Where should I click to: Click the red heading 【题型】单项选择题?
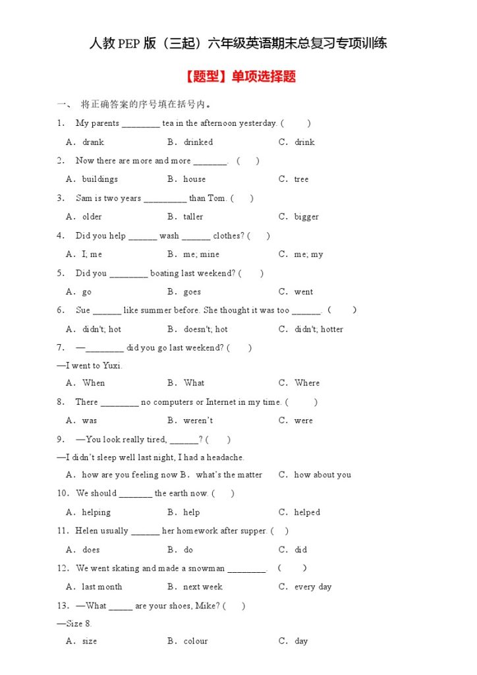238,76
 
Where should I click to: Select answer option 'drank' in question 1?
93,142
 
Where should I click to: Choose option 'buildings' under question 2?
99,179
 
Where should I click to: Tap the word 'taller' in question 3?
193,217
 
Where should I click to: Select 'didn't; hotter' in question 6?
318,330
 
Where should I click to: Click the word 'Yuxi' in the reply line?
111,366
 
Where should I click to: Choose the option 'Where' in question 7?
306,383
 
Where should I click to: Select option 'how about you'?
322,475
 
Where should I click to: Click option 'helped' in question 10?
306,512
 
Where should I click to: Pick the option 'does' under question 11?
91,550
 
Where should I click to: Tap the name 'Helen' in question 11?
87,531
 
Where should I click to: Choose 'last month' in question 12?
101,587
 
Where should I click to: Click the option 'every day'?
312,587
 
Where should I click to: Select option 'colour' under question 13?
195,641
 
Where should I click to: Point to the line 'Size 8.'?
78,624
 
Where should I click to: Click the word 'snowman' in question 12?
206,568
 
